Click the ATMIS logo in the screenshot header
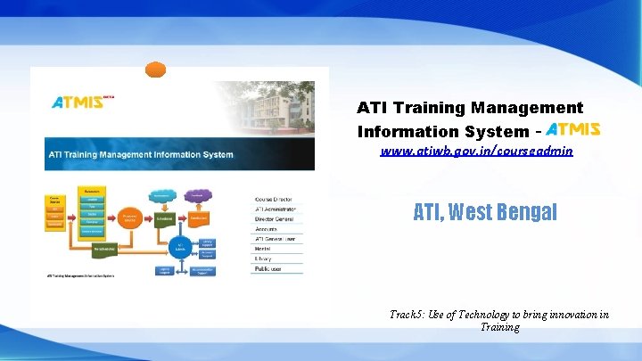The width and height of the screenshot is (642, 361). click(77, 102)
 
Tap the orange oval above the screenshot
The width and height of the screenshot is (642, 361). click(156, 70)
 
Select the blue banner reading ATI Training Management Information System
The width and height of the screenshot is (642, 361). click(179, 154)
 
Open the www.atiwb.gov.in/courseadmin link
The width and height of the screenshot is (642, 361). click(476, 152)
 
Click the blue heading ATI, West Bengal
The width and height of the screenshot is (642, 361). click(485, 212)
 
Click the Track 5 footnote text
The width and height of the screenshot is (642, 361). click(499, 320)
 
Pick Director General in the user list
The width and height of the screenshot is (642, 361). click(277, 219)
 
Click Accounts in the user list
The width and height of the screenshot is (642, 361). click(267, 229)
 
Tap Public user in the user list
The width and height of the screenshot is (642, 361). click(270, 268)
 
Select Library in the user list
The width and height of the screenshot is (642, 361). click(265, 258)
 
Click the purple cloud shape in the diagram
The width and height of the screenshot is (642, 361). click(196, 195)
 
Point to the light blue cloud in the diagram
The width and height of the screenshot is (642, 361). click(162, 195)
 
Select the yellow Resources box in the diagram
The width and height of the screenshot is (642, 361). click(92, 191)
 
